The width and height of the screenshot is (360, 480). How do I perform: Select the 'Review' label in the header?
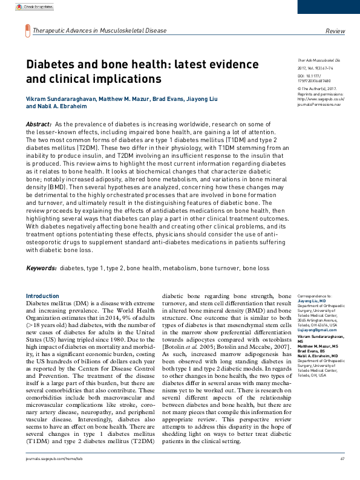335,30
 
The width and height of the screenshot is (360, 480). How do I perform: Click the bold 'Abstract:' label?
39,123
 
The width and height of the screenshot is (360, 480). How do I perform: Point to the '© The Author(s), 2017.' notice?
317,88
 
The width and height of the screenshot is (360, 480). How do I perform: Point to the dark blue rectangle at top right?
329,7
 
